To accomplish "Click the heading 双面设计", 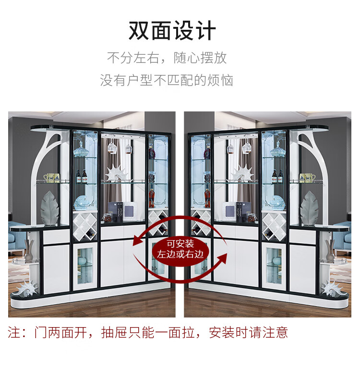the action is pyautogui.click(x=172, y=31).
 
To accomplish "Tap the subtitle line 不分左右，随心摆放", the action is pyautogui.click(x=167, y=58).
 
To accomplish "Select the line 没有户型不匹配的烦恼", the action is pyautogui.click(x=167, y=80).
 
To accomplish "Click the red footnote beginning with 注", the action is pyautogui.click(x=148, y=332).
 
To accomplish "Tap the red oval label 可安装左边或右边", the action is pyautogui.click(x=180, y=248).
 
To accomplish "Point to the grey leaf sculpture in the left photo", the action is pyautogui.click(x=49, y=208).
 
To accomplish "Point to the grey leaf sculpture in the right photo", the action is pyautogui.click(x=309, y=208).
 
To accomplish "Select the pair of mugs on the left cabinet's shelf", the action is pyautogui.click(x=51, y=178).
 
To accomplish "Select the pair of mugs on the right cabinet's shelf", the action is pyautogui.click(x=308, y=178).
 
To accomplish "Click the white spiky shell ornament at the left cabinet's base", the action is pyautogui.click(x=27, y=288).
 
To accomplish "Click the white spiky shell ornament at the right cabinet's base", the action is pyautogui.click(x=332, y=288).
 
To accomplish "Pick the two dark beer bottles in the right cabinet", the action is pyautogui.click(x=277, y=176).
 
